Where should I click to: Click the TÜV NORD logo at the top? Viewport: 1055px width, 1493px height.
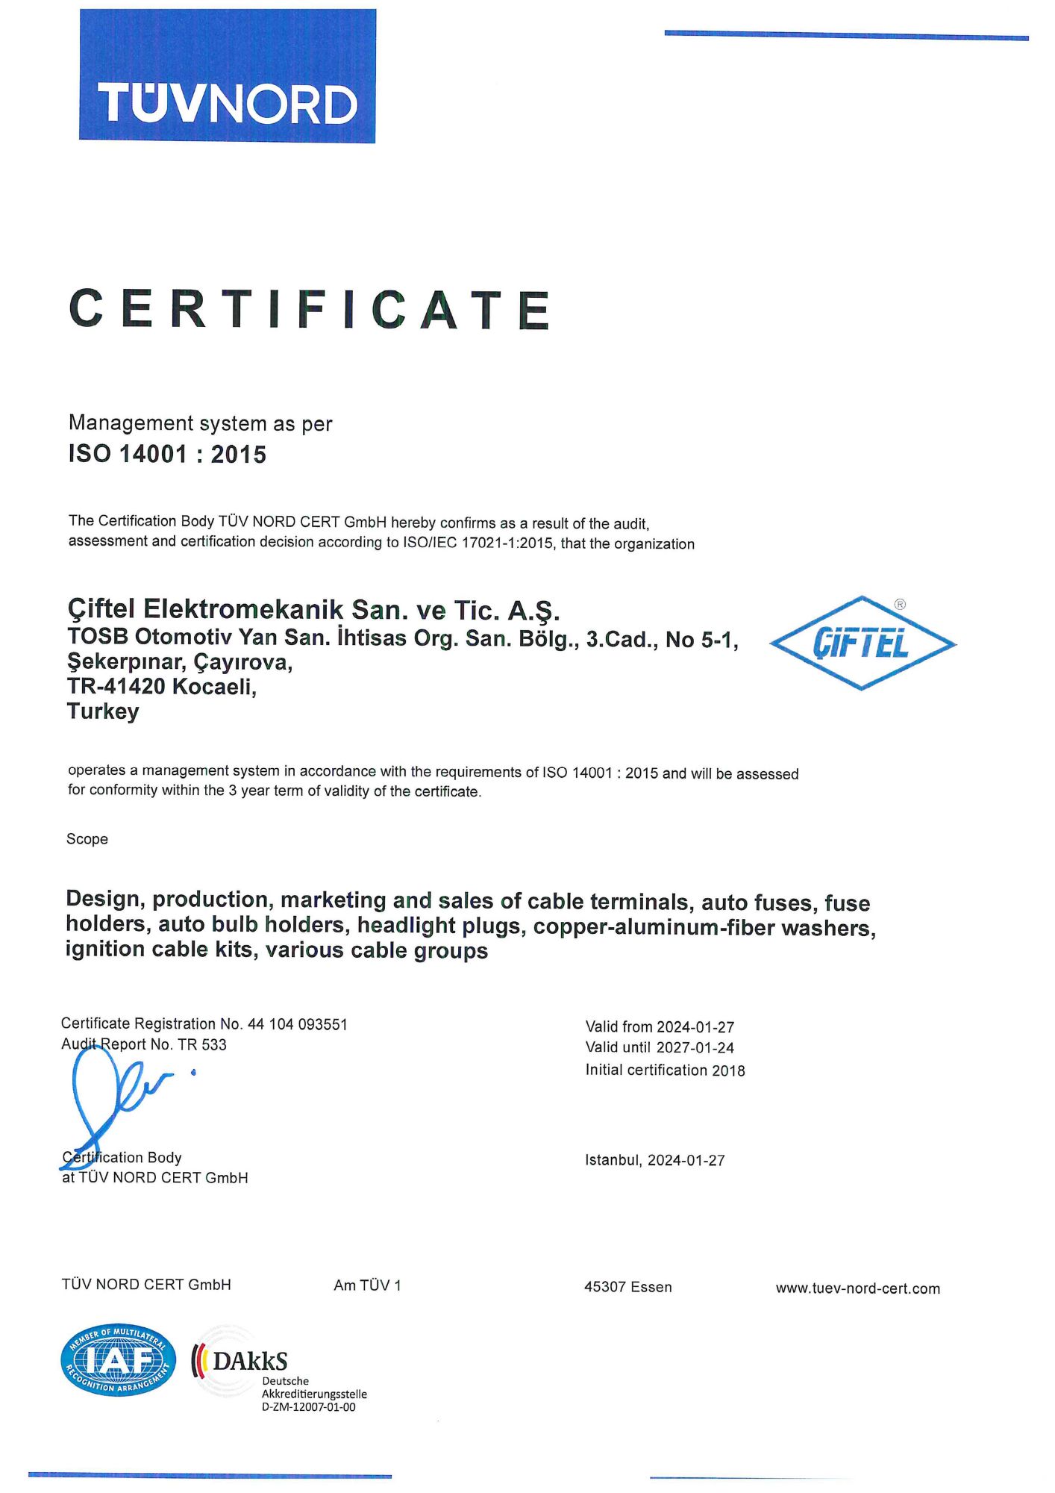[x=228, y=76]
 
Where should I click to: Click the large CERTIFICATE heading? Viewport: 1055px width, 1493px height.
[x=310, y=309]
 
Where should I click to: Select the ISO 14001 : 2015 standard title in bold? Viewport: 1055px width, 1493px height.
[x=167, y=454]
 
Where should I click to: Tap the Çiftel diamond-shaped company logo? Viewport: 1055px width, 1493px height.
[x=863, y=643]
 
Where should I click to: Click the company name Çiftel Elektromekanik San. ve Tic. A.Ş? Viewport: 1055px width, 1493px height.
[x=313, y=610]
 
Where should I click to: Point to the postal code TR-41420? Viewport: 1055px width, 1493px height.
[x=116, y=686]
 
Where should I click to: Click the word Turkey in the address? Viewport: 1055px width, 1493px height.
[x=103, y=711]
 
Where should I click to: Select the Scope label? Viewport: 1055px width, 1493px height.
[x=87, y=839]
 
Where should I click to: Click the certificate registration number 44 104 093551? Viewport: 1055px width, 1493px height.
[x=298, y=1024]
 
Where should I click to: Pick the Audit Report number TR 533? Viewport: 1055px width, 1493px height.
[x=202, y=1044]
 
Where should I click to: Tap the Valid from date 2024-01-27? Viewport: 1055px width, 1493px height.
[x=695, y=1027]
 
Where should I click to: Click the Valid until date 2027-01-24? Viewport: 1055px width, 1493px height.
[x=695, y=1047]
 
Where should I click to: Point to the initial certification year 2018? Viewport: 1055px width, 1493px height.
[x=728, y=1070]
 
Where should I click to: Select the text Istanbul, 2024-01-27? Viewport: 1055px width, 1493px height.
[x=654, y=1160]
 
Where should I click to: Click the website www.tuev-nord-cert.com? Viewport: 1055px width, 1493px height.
[x=857, y=1288]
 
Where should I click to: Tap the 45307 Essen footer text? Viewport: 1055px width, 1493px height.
[x=627, y=1287]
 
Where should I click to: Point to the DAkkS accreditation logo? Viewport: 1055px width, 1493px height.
[x=240, y=1362]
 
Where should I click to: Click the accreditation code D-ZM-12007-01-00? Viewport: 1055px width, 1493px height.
[x=308, y=1407]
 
